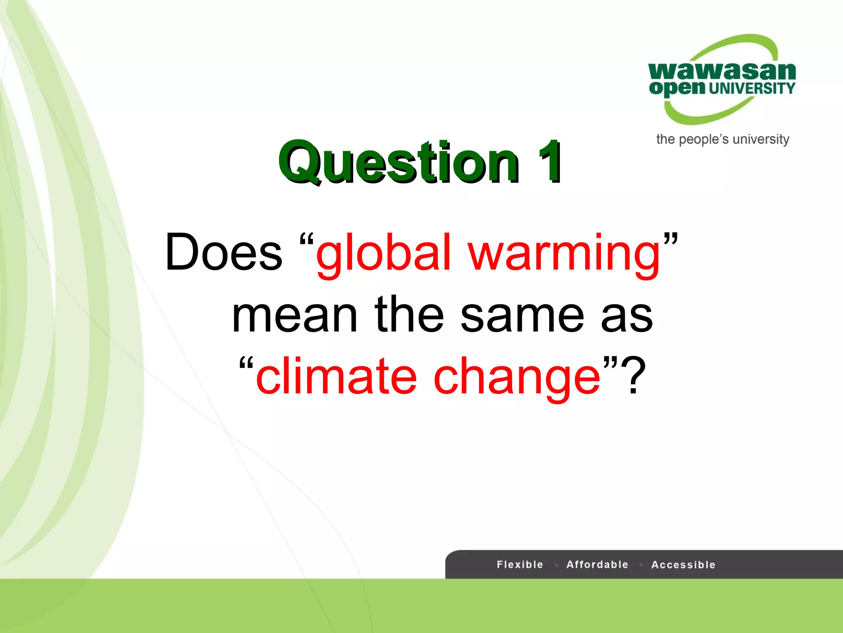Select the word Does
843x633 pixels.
point(224,252)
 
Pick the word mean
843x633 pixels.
point(294,316)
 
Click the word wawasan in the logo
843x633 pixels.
point(722,71)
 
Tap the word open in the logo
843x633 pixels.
point(677,88)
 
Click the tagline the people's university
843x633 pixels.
point(723,139)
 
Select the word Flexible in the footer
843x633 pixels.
point(520,565)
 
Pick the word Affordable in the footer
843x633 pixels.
point(597,565)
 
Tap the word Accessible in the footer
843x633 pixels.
point(683,565)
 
